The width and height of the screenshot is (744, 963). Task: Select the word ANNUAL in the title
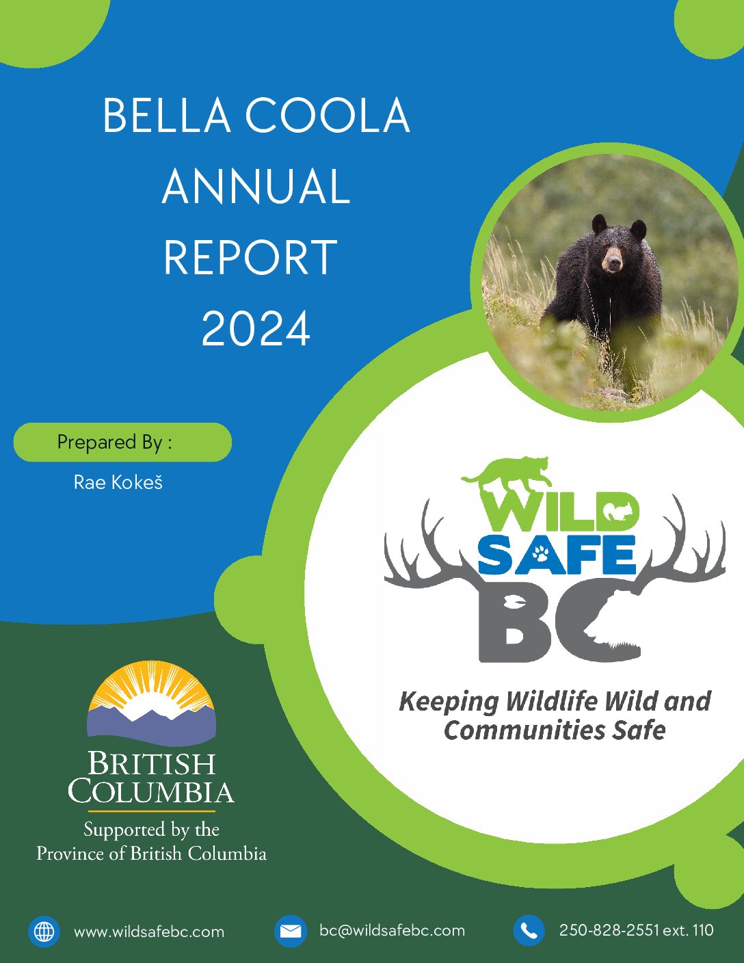pyautogui.click(x=256, y=186)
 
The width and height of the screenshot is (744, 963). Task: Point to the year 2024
pyautogui.click(x=256, y=328)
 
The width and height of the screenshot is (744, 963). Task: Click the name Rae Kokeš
pyautogui.click(x=118, y=483)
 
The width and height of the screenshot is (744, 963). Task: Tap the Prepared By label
pyautogui.click(x=115, y=443)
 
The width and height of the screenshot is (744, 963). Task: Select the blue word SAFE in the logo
pyautogui.click(x=557, y=555)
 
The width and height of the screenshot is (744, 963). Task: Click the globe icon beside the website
pyautogui.click(x=44, y=931)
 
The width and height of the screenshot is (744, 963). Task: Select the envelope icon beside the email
pyautogui.click(x=290, y=931)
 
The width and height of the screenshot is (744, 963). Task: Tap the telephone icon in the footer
pyautogui.click(x=529, y=931)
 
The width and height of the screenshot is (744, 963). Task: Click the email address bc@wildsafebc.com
pyautogui.click(x=392, y=930)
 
